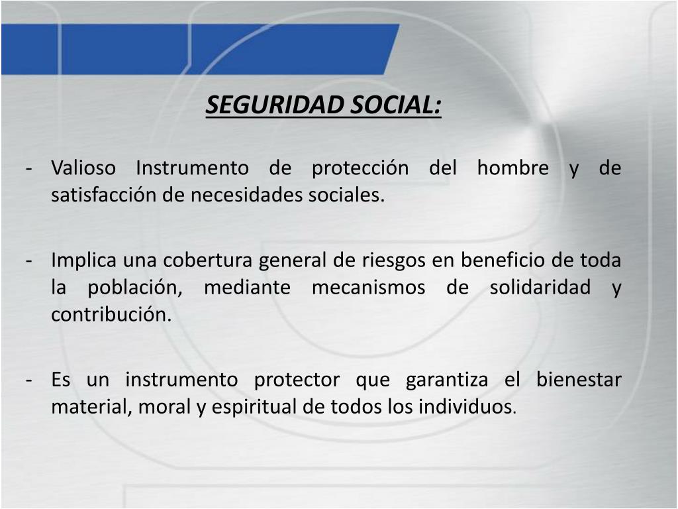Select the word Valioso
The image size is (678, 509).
(83, 168)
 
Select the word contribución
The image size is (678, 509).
(111, 315)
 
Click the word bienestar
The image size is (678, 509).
(579, 380)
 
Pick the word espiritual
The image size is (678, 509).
(255, 407)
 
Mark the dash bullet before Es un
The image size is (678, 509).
(30, 380)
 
